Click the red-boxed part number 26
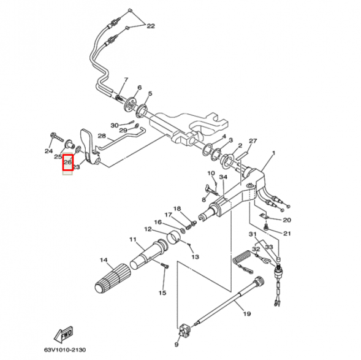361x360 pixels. point(68,162)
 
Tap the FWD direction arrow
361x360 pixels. point(64,334)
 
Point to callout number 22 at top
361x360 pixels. point(151,26)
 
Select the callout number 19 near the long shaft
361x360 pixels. point(247,314)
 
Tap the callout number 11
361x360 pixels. point(132,239)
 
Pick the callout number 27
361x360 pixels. point(253,140)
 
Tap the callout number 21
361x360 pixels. point(287,233)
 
